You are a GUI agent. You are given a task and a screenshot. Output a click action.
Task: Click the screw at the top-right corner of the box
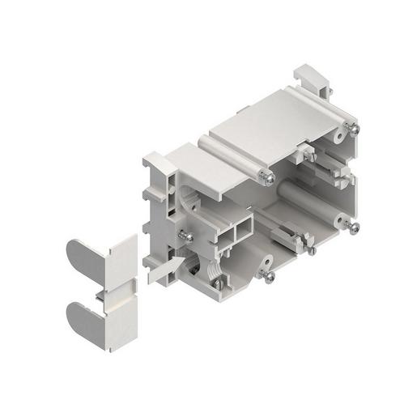coord(354,128)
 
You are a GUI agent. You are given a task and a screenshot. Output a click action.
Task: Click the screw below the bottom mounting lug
coord(268,277)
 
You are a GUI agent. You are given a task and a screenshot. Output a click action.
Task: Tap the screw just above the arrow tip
coord(186,236)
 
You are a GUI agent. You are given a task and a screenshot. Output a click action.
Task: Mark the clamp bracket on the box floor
coord(283,235)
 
